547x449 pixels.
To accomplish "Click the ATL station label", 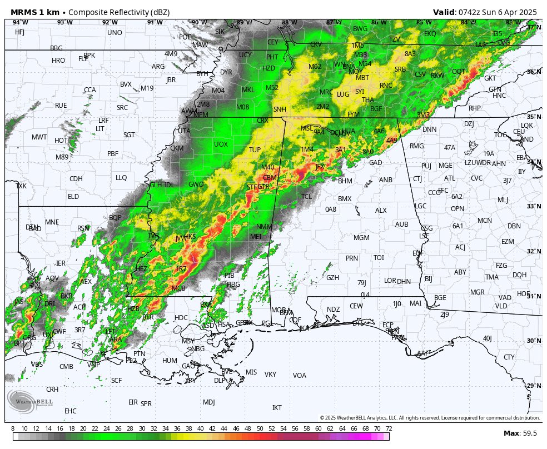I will pyautogui.click(x=449, y=178).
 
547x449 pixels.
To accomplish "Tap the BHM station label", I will pyautogui.click(x=345, y=181).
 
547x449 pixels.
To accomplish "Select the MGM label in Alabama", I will pyautogui.click(x=361, y=238).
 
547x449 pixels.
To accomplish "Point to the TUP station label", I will pyautogui.click(x=255, y=150).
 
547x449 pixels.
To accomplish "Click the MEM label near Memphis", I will pyautogui.click(x=201, y=115).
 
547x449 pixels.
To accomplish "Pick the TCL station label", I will pyautogui.click(x=306, y=197).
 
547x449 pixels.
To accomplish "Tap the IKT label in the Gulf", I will pyautogui.click(x=277, y=408).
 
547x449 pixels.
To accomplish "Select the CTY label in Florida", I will pyautogui.click(x=509, y=357).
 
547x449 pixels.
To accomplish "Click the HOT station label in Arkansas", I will pyautogui.click(x=61, y=141).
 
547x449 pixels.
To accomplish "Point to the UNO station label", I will pyautogui.click(x=115, y=33).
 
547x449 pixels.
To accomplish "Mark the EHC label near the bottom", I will pyautogui.click(x=70, y=411).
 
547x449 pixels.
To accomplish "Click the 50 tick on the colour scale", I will pyautogui.click(x=260, y=428).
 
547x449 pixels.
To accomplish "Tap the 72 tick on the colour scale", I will pyautogui.click(x=389, y=428).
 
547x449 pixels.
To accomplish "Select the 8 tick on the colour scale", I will pyautogui.click(x=13, y=428).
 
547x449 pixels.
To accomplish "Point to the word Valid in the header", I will pyautogui.click(x=444, y=12).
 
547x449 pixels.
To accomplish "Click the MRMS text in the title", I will pyautogui.click(x=24, y=12).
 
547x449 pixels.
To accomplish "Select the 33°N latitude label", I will pyautogui.click(x=533, y=207).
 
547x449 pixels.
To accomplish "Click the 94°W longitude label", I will pyautogui.click(x=20, y=22).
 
